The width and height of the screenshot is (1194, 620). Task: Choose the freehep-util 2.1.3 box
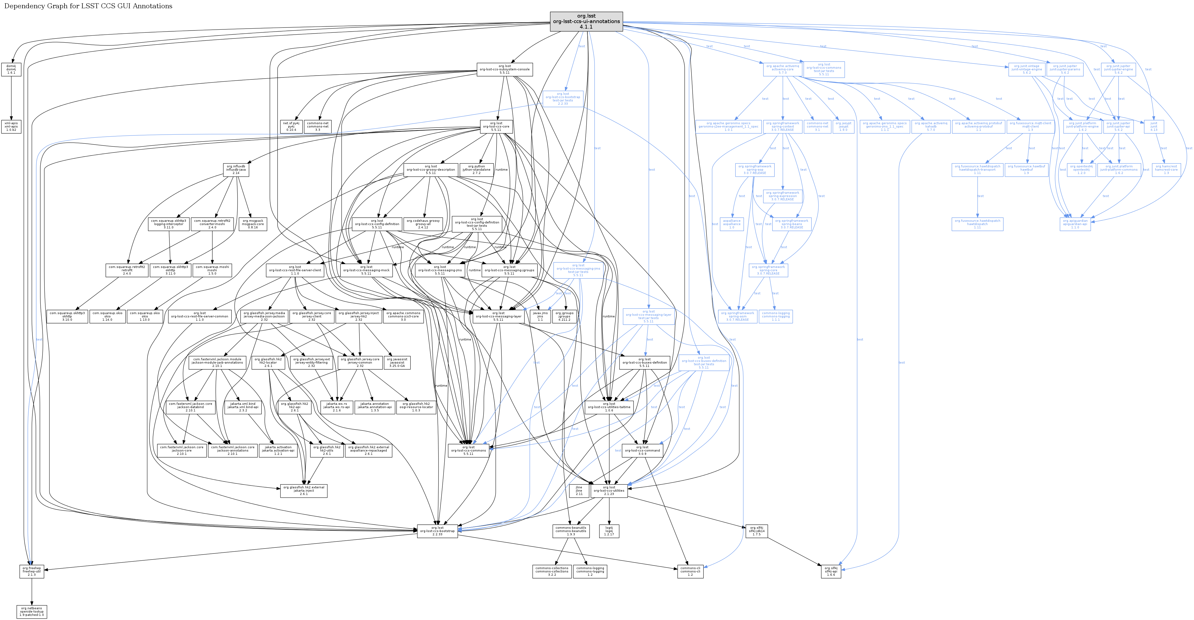pos(32,571)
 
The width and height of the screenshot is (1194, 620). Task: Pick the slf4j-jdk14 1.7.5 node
pos(757,531)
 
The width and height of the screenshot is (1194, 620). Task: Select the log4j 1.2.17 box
pos(609,531)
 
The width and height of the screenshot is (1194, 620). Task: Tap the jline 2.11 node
pos(579,491)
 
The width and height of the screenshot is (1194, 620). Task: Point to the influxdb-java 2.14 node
pos(236,170)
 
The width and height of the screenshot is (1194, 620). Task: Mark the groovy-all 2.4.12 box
pos(423,224)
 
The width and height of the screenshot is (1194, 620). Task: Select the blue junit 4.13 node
pos(1154,127)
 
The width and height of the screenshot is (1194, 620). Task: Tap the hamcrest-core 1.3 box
pos(1166,170)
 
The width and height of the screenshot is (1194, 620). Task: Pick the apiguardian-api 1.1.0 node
pos(1075,224)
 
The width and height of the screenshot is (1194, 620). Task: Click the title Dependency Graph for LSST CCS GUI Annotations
pos(88,6)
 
